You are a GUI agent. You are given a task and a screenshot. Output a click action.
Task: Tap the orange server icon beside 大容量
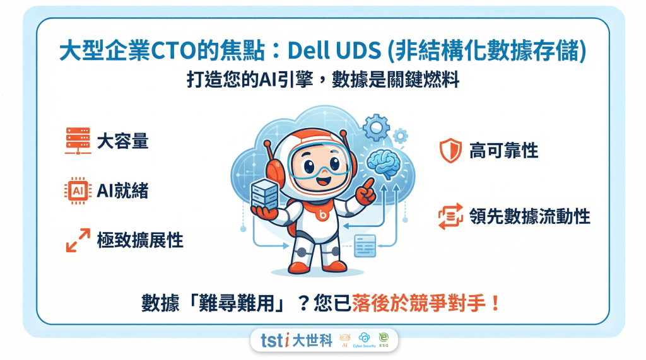click(x=78, y=141)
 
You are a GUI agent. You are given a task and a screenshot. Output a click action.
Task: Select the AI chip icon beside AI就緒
click(x=78, y=190)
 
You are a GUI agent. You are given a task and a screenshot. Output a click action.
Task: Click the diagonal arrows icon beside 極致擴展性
click(x=78, y=241)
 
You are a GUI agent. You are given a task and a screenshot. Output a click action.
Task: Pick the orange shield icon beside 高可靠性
click(x=447, y=150)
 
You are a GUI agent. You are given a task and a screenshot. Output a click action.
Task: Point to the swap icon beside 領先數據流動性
click(x=447, y=216)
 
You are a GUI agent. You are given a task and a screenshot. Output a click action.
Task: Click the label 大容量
click(x=122, y=141)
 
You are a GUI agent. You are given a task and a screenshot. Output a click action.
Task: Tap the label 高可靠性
click(x=503, y=150)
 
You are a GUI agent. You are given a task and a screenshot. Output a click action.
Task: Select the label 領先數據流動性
click(x=529, y=216)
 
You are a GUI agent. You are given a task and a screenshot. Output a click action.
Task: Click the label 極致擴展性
click(x=139, y=241)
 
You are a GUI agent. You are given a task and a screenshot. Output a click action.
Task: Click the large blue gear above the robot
click(x=376, y=128)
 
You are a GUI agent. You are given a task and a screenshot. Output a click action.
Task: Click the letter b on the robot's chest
click(x=322, y=216)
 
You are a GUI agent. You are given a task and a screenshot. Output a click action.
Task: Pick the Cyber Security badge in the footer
click(x=364, y=340)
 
